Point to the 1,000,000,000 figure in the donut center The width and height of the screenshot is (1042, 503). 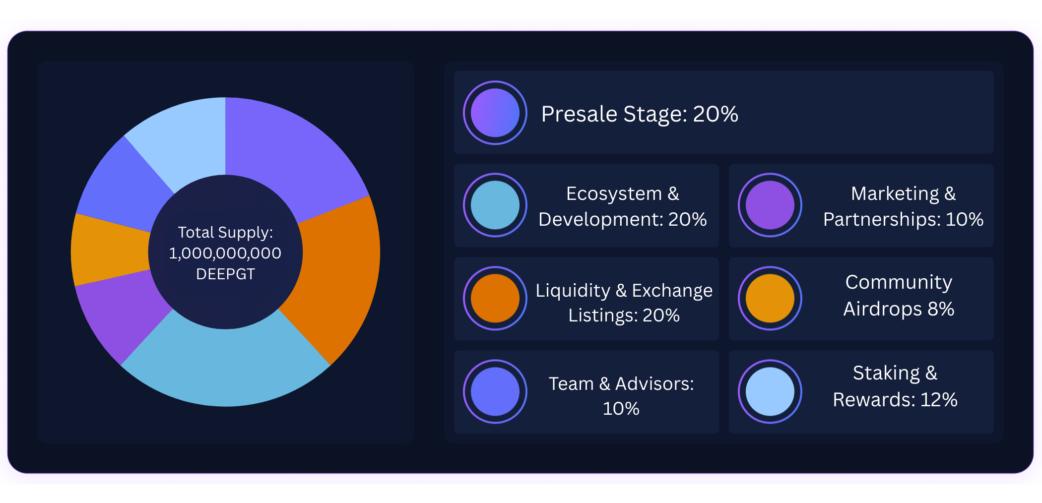[x=225, y=253]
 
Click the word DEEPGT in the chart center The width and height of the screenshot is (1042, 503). [x=225, y=274]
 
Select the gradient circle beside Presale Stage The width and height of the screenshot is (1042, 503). [x=495, y=113]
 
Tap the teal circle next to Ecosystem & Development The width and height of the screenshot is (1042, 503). [x=495, y=205]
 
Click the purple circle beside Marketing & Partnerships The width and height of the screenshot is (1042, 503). [x=770, y=205]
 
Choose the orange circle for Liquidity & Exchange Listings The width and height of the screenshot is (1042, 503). [x=495, y=298]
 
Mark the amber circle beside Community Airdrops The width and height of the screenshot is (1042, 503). [x=770, y=298]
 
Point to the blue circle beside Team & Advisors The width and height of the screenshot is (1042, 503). [x=495, y=391]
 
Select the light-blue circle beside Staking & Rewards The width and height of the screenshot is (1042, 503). [x=770, y=391]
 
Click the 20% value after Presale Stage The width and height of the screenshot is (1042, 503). [x=716, y=114]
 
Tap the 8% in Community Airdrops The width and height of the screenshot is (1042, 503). [x=941, y=309]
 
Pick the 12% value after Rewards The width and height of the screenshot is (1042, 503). [x=939, y=400]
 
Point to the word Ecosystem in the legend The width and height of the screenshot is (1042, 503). [x=614, y=194]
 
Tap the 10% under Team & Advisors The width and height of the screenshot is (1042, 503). [x=621, y=409]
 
